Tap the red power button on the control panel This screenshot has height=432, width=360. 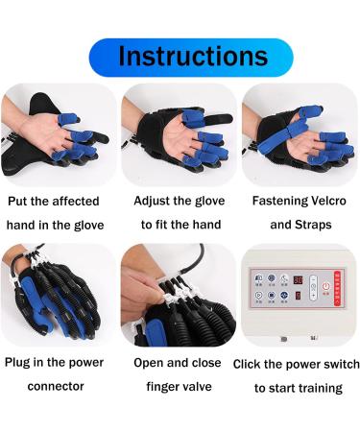click(x=325, y=286)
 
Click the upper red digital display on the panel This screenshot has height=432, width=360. click(x=299, y=281)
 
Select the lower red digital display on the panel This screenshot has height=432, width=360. click(x=299, y=298)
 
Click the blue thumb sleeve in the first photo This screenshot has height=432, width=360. click(x=69, y=120)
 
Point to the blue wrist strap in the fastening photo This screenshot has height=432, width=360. click(x=278, y=145)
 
